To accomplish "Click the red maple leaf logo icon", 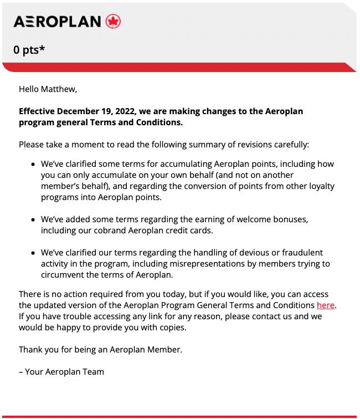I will point(113,22).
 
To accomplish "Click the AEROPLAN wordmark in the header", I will point(57,22).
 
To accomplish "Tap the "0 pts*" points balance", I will point(29,49).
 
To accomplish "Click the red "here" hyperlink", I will point(326,305).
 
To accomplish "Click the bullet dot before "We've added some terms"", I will point(33,220).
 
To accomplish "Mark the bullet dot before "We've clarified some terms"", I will point(33,165).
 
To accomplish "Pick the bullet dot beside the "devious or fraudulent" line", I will point(33,253).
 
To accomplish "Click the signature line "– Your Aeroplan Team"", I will point(61,371).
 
